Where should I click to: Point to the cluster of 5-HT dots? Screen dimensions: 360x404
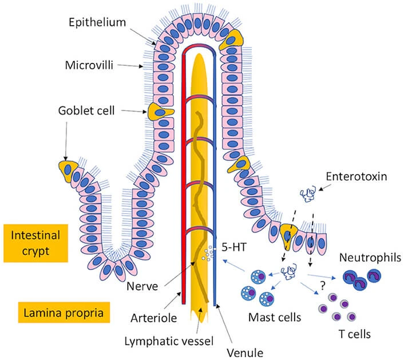tap(209, 252)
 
